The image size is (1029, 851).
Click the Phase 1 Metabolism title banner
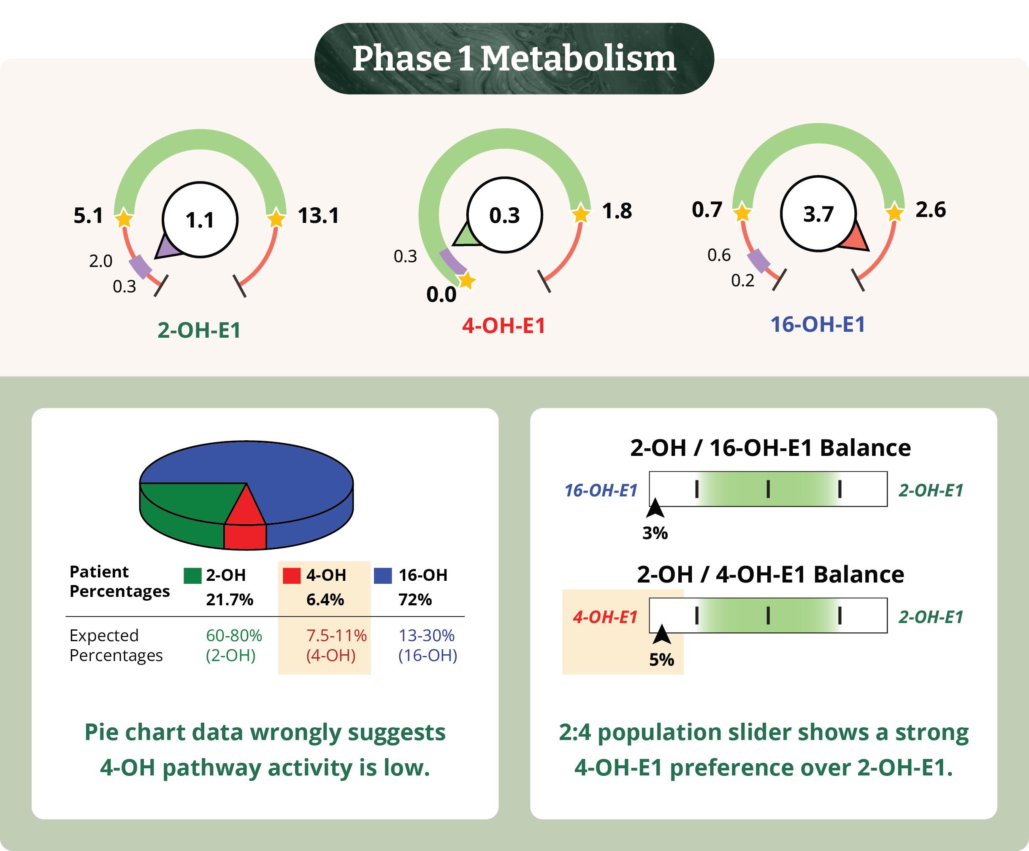point(514,58)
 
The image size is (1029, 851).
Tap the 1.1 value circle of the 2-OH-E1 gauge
point(200,220)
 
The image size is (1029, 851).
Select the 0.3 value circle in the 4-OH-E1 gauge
point(505,215)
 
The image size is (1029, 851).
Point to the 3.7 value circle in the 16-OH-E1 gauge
point(818,214)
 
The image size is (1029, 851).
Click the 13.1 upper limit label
point(319,216)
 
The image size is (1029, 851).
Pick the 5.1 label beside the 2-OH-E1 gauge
point(88,216)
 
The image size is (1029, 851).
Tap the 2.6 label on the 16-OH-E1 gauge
point(931,210)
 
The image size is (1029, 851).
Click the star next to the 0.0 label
point(466,281)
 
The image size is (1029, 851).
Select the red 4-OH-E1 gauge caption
point(504,326)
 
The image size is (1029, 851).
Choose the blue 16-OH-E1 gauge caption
point(818,324)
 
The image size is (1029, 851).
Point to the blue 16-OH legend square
point(383,575)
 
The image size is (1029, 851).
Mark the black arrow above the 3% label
point(655,508)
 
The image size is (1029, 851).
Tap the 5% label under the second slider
point(661,660)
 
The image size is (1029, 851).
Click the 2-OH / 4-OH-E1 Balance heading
point(770,574)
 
